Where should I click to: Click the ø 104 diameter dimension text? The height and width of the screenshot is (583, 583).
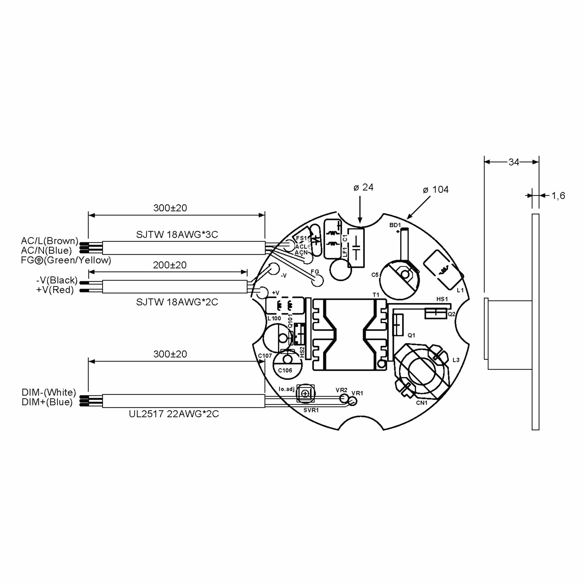436,189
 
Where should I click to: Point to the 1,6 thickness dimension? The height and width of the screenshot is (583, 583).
558,196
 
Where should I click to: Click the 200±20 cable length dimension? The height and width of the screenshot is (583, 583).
170,265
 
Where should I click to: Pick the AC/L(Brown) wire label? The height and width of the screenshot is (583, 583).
50,241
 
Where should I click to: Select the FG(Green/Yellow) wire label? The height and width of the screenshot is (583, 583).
66,260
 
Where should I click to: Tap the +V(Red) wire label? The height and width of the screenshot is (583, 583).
55,290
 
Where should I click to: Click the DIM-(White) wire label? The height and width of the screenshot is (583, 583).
49,392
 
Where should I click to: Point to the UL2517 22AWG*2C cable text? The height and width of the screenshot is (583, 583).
174,414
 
